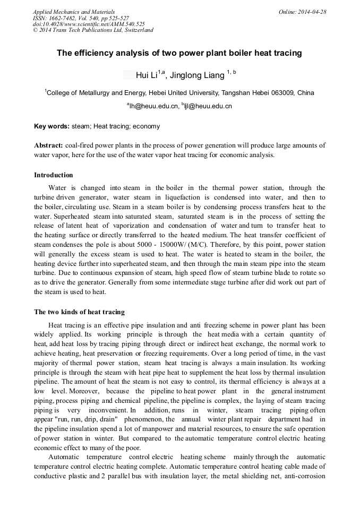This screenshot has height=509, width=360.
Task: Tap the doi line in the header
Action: click(89, 24)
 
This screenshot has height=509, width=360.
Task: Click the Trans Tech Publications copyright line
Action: click(93, 30)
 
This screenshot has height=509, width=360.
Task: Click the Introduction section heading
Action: click(53, 175)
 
